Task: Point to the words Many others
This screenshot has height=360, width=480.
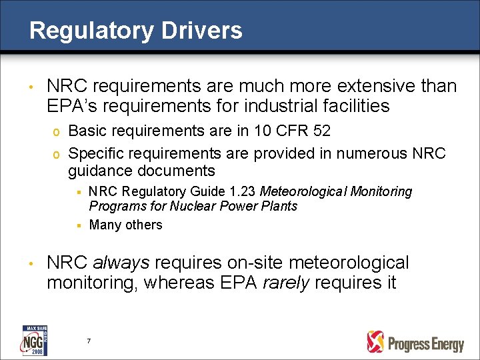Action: point(125,225)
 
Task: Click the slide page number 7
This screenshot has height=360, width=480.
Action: point(89,341)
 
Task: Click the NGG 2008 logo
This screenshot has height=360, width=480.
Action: point(34,340)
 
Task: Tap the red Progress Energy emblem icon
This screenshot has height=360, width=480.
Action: point(375,342)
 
